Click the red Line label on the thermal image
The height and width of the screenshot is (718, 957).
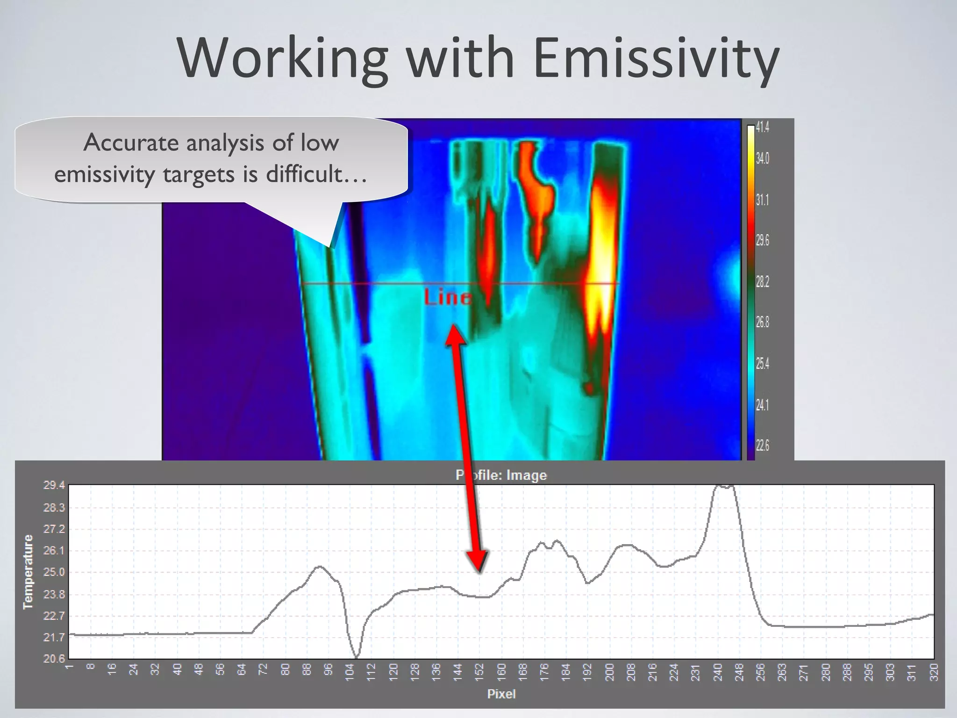(x=448, y=298)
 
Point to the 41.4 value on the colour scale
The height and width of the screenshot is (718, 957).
(x=762, y=127)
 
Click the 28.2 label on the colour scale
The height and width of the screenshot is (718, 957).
(x=762, y=281)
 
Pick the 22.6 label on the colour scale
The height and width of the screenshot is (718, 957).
(x=762, y=445)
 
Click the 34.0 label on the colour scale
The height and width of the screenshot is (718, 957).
(x=762, y=158)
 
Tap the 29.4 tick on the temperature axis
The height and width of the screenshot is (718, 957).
(x=54, y=485)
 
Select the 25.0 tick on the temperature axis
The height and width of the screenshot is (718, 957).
(x=54, y=572)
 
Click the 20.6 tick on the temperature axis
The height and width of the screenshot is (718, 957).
(x=54, y=659)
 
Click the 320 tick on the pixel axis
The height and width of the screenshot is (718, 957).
(x=934, y=673)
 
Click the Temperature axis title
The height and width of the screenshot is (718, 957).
(x=29, y=572)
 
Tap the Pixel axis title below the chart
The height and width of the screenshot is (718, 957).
(x=501, y=694)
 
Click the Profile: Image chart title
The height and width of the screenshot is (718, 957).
(x=501, y=475)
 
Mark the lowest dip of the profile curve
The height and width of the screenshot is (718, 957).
(x=357, y=657)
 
